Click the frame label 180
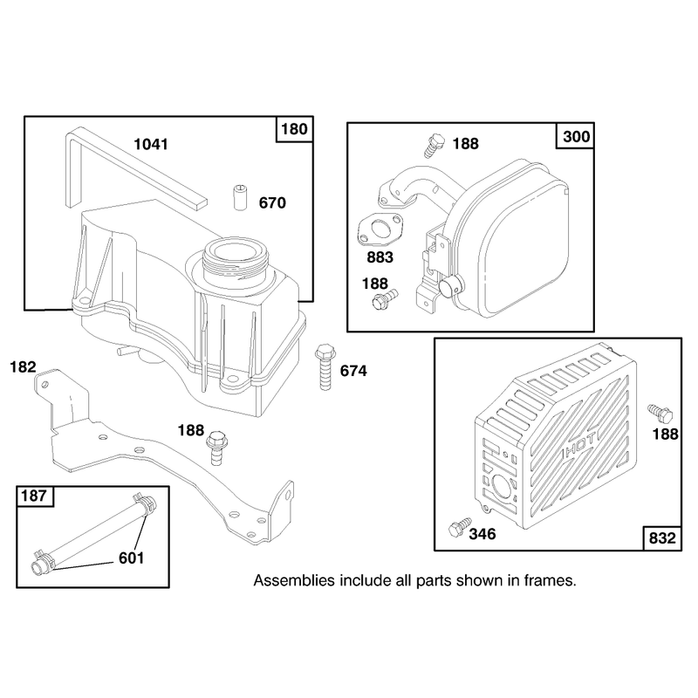coord(294,129)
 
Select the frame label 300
coord(576,136)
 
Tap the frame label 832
coord(662,537)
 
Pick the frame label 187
coord(33,496)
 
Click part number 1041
coord(151,144)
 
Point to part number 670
coord(272,203)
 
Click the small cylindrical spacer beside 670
coord(241,197)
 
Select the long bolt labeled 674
coord(325,366)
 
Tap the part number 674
coord(353,371)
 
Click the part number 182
coord(23,366)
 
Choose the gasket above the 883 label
coord(380,229)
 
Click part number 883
coord(380,257)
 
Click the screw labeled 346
coord(460,527)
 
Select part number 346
coord(482,534)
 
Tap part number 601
coord(132,558)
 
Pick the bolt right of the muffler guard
coord(660,413)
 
